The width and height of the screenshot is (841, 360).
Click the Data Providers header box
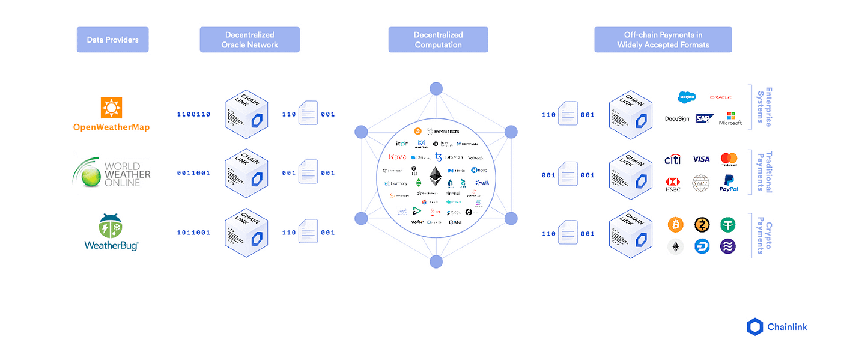click(112, 40)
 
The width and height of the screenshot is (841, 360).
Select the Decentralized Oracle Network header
click(249, 40)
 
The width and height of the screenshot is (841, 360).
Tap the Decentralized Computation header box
click(438, 40)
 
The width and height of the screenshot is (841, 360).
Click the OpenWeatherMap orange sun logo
click(111, 108)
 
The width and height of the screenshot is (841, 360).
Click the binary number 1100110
click(193, 114)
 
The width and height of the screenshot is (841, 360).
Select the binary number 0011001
click(193, 173)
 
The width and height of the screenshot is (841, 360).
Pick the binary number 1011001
click(193, 233)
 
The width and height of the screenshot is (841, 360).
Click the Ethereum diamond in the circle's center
click(436, 177)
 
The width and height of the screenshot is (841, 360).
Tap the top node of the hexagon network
click(436, 89)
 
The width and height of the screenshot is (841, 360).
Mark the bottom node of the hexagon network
click(436, 261)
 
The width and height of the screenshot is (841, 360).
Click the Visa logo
click(701, 159)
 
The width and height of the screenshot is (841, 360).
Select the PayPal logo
click(729, 183)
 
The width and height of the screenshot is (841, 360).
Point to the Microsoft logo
click(730, 118)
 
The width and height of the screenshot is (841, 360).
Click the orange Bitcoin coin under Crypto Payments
click(676, 225)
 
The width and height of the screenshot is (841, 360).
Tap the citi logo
click(673, 159)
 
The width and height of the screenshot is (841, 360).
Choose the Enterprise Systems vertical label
click(764, 107)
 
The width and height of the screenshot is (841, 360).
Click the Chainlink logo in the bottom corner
click(777, 327)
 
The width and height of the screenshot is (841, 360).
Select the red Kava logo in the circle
click(398, 157)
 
